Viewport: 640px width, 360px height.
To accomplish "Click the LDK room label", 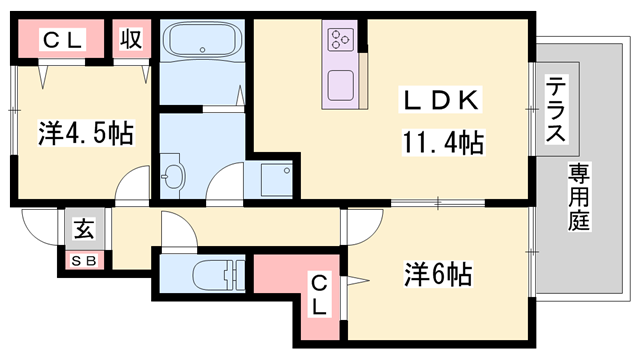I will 443,101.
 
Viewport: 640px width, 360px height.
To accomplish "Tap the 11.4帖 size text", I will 443,143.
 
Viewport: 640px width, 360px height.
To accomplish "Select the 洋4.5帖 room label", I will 86,133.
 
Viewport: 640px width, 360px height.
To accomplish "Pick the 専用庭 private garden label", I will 580,197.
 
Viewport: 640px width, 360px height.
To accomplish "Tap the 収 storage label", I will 130,40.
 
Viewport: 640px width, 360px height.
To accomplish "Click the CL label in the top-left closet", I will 63,40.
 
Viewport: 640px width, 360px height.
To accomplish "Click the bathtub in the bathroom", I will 203,43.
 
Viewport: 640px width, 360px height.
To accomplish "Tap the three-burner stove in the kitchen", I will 340,41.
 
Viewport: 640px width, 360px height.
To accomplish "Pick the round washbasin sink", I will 173,177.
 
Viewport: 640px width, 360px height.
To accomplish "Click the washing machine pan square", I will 274,181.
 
